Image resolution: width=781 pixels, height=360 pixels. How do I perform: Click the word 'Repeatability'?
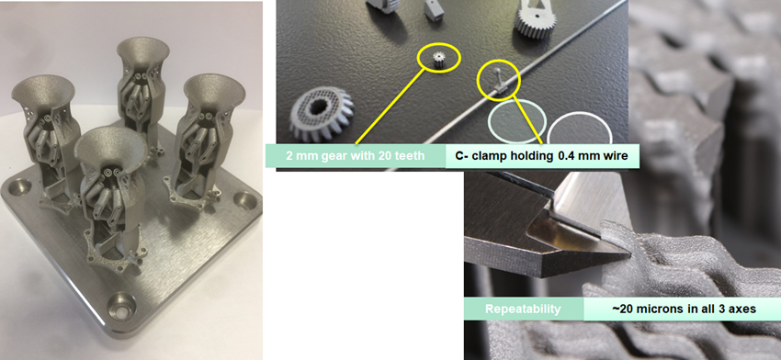pyautogui.click(x=520, y=309)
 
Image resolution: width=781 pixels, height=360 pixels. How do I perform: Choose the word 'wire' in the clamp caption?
pyautogui.click(x=612, y=156)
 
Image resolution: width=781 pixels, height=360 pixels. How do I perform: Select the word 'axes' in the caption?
pyautogui.click(x=740, y=309)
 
